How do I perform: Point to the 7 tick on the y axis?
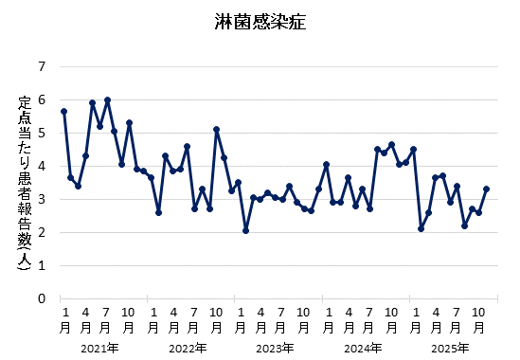(x=41, y=66)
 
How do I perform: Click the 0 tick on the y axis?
(x=41, y=298)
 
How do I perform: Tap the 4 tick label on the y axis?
(x=41, y=166)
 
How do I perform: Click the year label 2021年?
(x=99, y=348)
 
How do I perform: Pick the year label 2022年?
(x=188, y=348)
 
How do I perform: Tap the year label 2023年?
(x=275, y=348)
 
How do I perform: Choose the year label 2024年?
(x=363, y=348)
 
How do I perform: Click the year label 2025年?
(x=450, y=348)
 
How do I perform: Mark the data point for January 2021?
(x=63, y=111)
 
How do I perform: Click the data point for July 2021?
(x=107, y=99)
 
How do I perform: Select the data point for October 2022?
(x=217, y=129)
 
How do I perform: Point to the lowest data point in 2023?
(x=245, y=230)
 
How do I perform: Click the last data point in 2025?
(x=486, y=189)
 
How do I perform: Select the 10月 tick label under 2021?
(x=129, y=319)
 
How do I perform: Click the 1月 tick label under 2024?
(x=326, y=319)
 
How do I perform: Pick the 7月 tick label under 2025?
(x=457, y=319)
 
